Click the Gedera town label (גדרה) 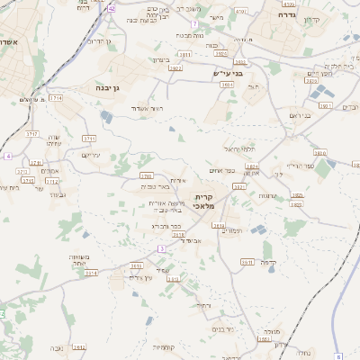[x=288, y=15]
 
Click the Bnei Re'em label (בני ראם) [x=301, y=115]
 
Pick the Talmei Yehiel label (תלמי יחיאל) [x=239, y=148]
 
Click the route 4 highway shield [x=8, y=156]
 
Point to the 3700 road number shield [x=146, y=175]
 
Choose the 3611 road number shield [x=245, y=262]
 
